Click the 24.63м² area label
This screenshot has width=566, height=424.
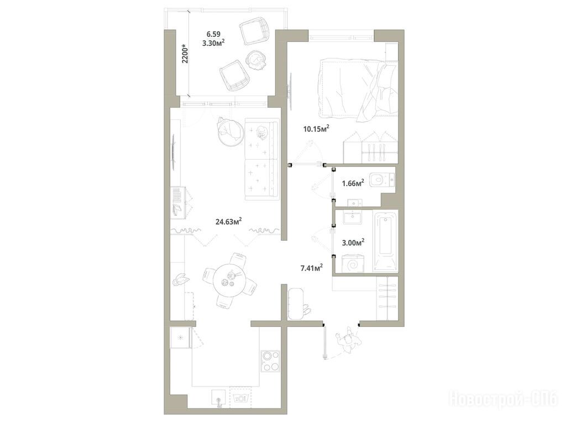228,221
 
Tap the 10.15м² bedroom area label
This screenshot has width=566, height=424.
317,129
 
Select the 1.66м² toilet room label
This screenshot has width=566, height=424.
353,183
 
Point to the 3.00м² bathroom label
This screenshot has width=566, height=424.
353,242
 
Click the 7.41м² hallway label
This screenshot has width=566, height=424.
311,268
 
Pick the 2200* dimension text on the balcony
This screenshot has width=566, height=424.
185,54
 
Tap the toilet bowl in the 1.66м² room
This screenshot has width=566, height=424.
382,179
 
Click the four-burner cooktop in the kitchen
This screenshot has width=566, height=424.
270,361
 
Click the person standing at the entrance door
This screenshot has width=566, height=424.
347,340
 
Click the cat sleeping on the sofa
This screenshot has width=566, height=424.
261,132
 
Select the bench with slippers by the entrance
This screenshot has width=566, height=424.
296,304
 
